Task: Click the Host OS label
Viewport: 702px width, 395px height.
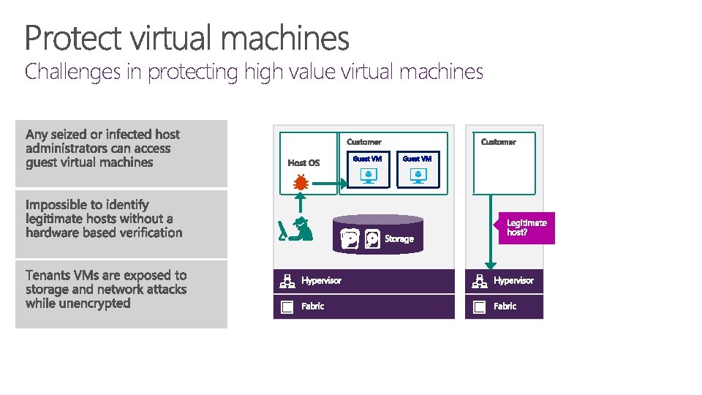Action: click(303, 162)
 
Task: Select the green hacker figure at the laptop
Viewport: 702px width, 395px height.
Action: click(297, 229)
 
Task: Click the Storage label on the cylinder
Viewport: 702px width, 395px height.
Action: click(399, 238)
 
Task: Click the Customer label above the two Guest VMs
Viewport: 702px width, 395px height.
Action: click(364, 142)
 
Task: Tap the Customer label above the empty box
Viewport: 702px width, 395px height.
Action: click(498, 142)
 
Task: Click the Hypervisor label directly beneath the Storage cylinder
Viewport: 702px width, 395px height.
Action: click(321, 280)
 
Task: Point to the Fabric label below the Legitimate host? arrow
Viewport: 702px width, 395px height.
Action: click(505, 306)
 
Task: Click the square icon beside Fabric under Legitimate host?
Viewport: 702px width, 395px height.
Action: click(479, 306)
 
